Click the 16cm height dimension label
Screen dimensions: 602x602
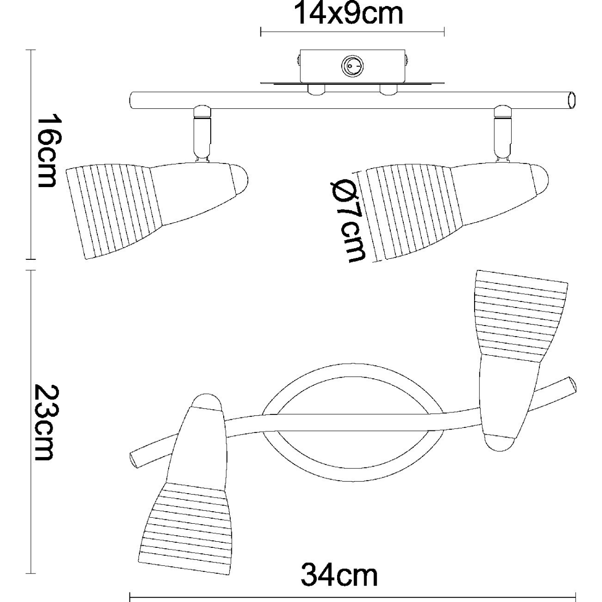[49, 151]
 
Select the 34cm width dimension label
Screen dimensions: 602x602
[339, 575]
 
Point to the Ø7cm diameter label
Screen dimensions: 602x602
[347, 221]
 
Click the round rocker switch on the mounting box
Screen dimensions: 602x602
[352, 67]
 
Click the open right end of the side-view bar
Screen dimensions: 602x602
[571, 101]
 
